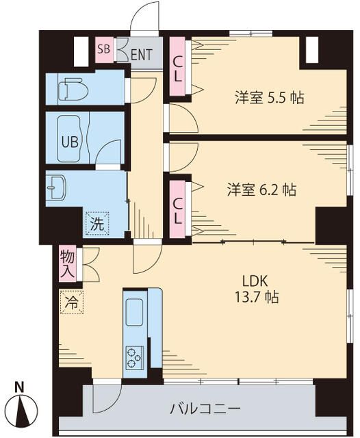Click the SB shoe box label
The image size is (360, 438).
(104, 49)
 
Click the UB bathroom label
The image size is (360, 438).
(69, 142)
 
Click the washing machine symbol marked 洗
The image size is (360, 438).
(96, 223)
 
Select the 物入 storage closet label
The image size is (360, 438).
(68, 263)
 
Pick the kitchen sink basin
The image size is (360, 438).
(133, 312)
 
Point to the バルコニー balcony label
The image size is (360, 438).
(205, 409)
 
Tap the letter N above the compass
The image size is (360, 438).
(21, 387)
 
